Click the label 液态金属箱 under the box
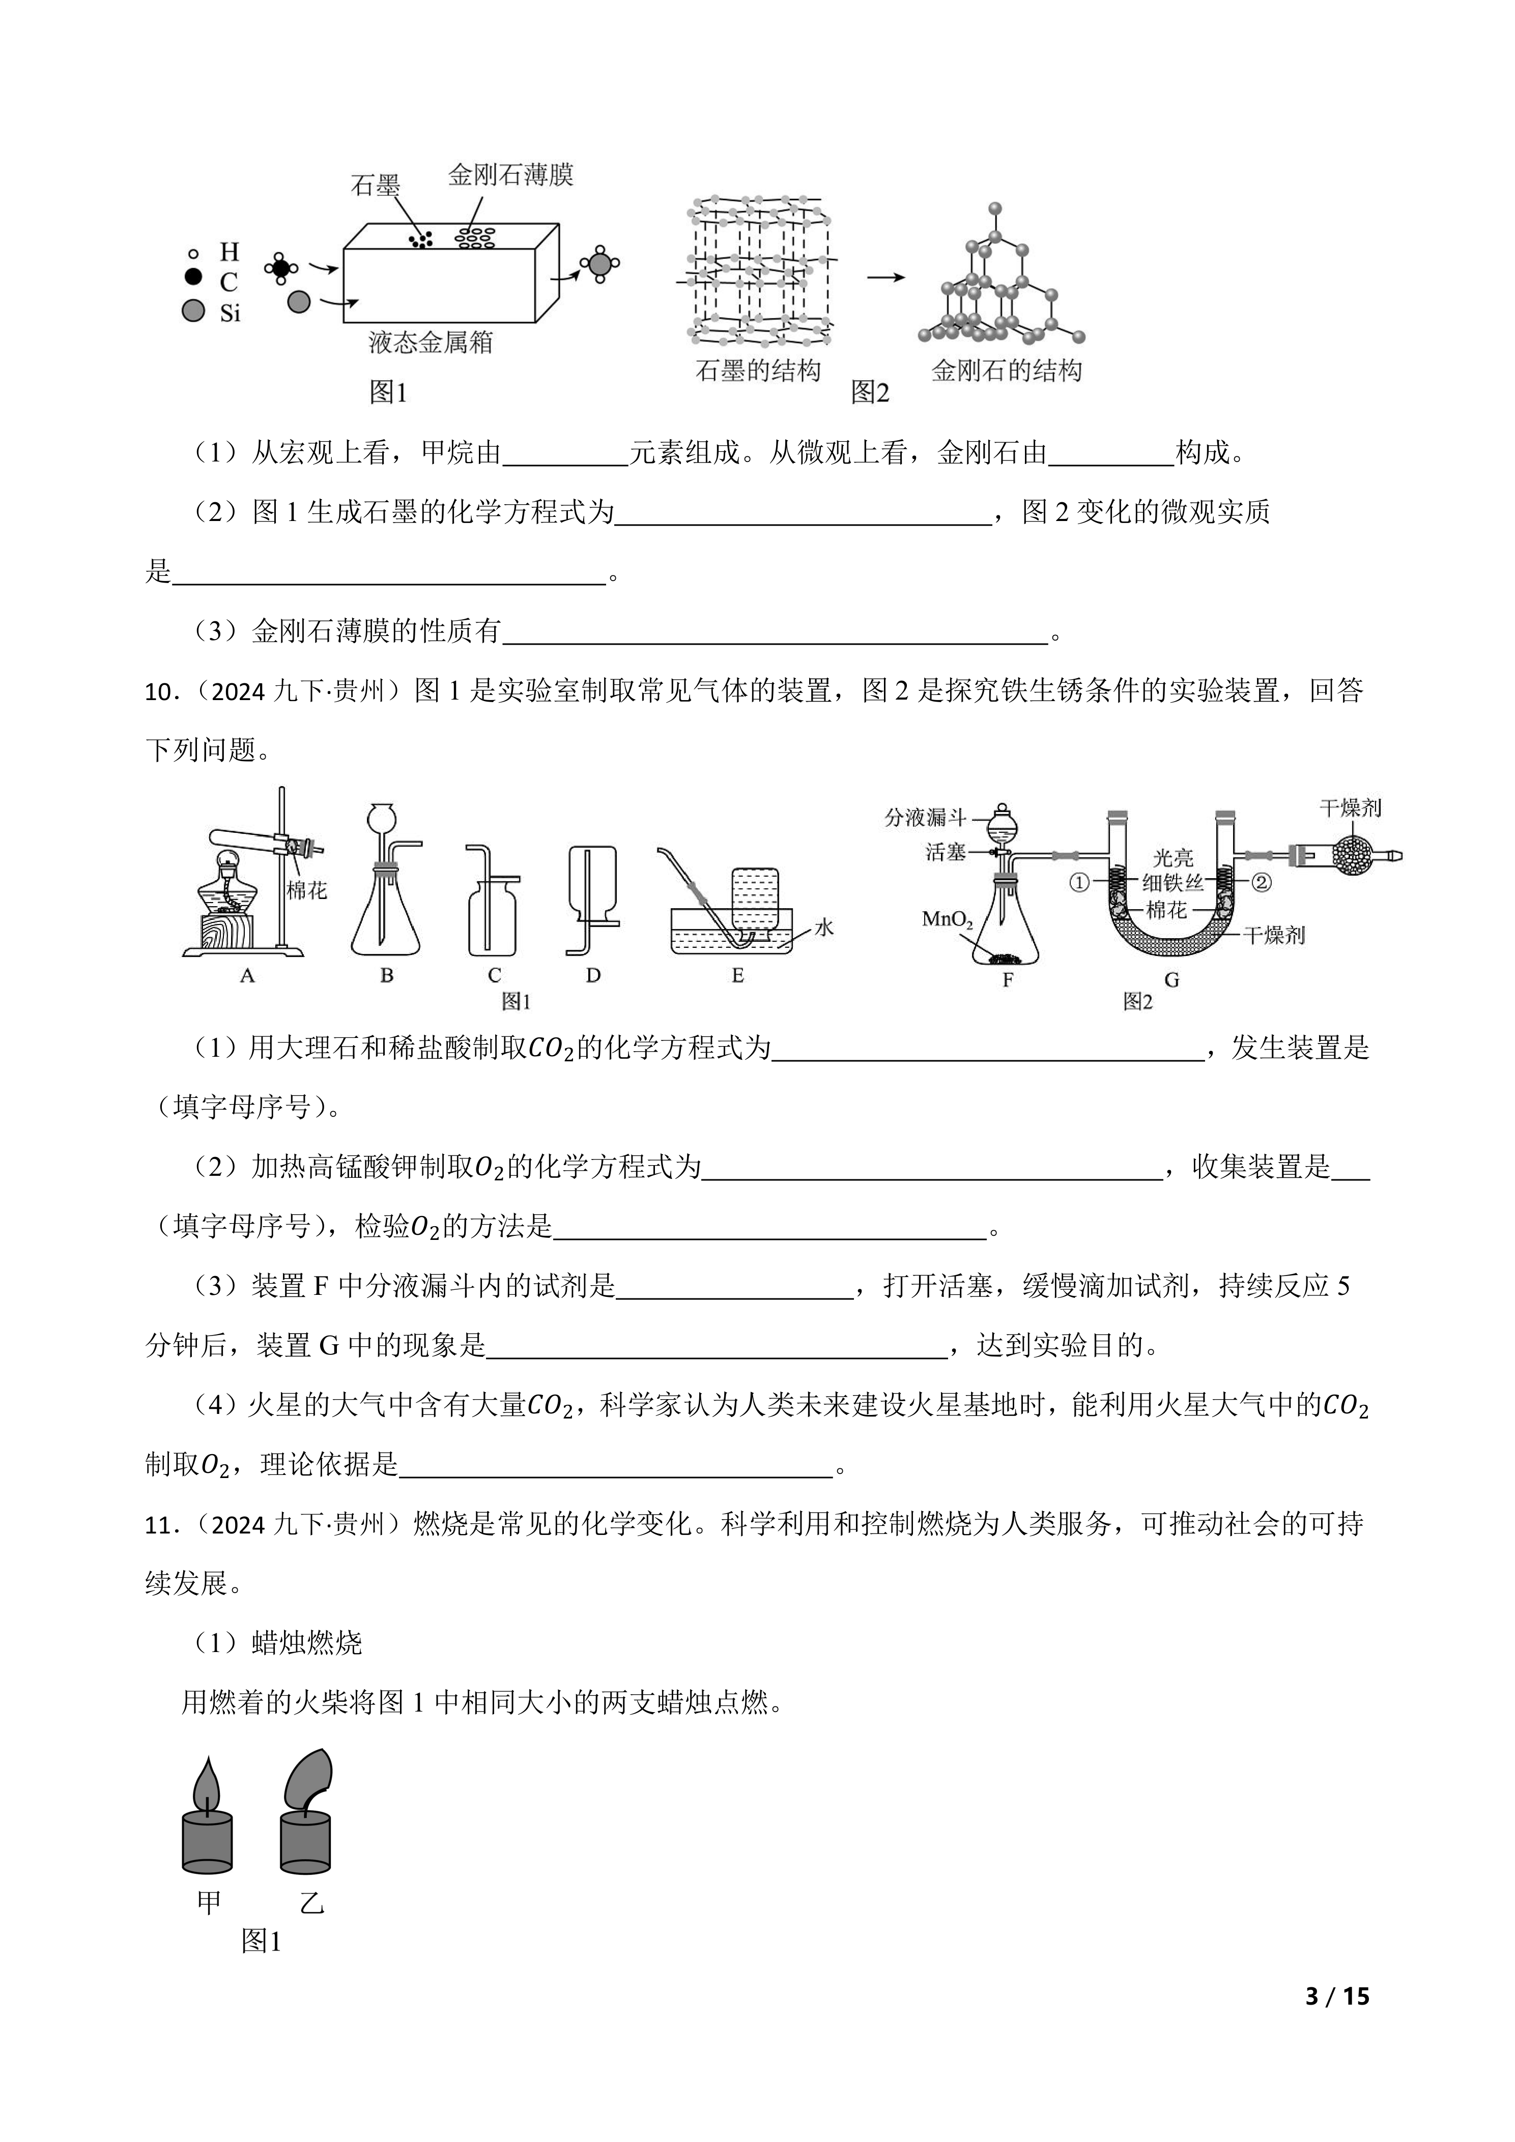tap(430, 343)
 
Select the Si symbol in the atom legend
tap(230, 313)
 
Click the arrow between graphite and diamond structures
tap(885, 277)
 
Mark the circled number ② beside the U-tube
tap(1261, 882)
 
